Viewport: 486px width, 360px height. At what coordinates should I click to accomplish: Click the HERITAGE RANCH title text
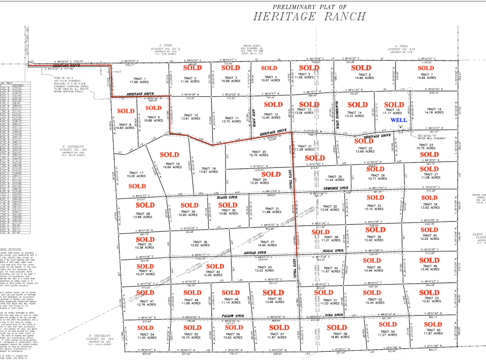click(309, 16)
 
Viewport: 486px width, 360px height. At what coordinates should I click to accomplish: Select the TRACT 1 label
click(139, 79)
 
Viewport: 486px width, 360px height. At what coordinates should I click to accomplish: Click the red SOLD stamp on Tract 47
click(145, 293)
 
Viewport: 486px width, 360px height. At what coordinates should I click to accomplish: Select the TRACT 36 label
click(199, 242)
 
